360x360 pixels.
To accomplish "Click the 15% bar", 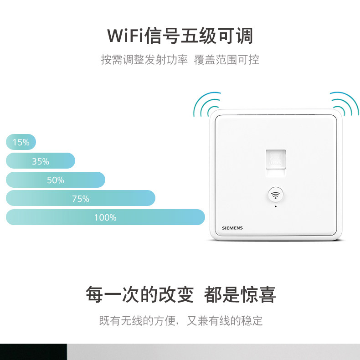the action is (x=21, y=142).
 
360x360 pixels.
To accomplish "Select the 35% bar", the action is (x=41, y=161).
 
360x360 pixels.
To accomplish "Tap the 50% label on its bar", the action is (x=55, y=180).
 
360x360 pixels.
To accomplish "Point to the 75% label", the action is (x=81, y=199).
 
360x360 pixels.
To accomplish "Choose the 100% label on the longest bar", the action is (x=105, y=217).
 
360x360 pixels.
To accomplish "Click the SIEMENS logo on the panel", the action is (x=232, y=228).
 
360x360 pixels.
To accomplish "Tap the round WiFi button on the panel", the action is (x=276, y=195).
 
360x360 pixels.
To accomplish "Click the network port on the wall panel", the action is (x=276, y=163).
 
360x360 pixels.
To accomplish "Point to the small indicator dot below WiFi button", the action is (x=276, y=206).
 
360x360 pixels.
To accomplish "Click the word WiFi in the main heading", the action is (x=125, y=36).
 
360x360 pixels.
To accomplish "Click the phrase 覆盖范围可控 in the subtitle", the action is (x=226, y=60).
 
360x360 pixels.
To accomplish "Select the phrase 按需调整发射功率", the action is (x=144, y=60).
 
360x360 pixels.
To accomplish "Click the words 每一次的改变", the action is (x=140, y=294).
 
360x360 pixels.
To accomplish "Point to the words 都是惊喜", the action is (x=240, y=294).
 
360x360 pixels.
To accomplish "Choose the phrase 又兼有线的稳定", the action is (x=225, y=320).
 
